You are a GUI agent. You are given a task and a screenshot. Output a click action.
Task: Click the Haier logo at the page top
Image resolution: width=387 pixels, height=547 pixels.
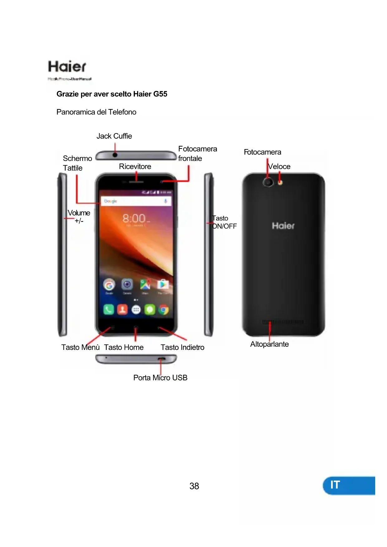pyautogui.click(x=67, y=67)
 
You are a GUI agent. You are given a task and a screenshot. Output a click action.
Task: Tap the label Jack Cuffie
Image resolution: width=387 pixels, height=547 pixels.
pyautogui.click(x=114, y=136)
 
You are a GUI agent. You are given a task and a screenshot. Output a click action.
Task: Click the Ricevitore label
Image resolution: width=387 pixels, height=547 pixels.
pyautogui.click(x=135, y=167)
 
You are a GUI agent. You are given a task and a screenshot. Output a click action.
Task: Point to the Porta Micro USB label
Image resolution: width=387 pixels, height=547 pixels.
pyautogui.click(x=160, y=378)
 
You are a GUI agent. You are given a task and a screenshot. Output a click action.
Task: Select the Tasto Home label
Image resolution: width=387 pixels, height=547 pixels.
pyautogui.click(x=124, y=347)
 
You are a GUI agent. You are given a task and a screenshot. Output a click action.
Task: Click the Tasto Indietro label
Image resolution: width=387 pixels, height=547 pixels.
pyautogui.click(x=182, y=347)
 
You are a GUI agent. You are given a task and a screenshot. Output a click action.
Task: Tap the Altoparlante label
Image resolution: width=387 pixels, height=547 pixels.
pyautogui.click(x=269, y=344)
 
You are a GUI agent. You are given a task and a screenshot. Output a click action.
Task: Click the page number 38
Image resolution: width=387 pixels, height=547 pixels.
pyautogui.click(x=194, y=486)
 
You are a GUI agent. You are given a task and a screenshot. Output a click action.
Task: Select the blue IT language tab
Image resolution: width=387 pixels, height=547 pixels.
pyautogui.click(x=349, y=485)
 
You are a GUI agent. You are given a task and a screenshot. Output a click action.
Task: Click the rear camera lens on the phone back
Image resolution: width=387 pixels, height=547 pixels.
pyautogui.click(x=268, y=182)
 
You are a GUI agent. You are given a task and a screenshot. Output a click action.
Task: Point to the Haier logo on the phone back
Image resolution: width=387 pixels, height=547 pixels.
pyautogui.click(x=283, y=226)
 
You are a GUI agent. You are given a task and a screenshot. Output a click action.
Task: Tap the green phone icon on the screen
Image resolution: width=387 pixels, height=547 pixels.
pyautogui.click(x=109, y=309)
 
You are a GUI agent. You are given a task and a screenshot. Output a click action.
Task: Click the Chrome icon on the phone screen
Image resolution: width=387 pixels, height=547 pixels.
pyautogui.click(x=163, y=309)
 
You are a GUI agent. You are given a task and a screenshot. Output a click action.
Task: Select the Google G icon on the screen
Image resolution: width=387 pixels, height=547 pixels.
pyautogui.click(x=109, y=284)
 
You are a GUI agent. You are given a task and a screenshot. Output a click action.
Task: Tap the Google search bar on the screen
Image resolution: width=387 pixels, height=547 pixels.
pyautogui.click(x=136, y=201)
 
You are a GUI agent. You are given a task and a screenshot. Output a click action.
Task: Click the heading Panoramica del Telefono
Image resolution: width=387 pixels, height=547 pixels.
pyautogui.click(x=96, y=112)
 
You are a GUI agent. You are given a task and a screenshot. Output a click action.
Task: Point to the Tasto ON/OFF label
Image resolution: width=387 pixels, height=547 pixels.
pyautogui.click(x=224, y=222)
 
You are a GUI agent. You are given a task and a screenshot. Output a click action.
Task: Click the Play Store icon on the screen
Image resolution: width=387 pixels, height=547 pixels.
pyautogui.click(x=163, y=284)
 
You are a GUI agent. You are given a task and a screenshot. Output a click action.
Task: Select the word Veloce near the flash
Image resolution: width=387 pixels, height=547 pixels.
pyautogui.click(x=279, y=167)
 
